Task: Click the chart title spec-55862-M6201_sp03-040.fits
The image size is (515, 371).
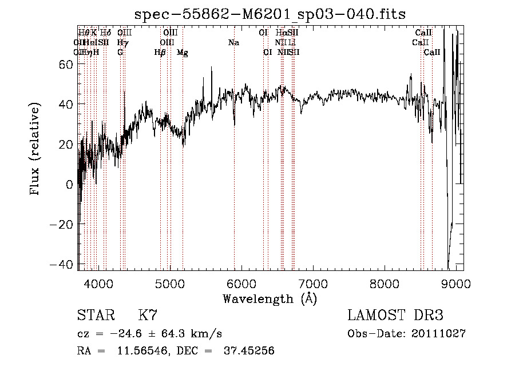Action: click(x=269, y=14)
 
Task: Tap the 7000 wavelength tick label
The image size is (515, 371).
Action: click(x=313, y=284)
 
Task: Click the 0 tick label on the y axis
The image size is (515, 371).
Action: click(x=69, y=185)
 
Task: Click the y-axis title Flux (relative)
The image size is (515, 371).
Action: click(x=35, y=150)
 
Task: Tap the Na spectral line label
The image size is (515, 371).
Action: click(x=233, y=43)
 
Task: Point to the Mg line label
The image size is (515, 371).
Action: click(x=183, y=53)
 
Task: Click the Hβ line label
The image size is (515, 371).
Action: click(x=160, y=53)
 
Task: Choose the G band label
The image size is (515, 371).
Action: click(x=120, y=53)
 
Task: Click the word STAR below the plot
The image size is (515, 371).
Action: click(x=95, y=316)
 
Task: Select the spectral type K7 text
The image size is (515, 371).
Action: click(x=148, y=316)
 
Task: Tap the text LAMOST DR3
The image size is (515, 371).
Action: click(x=395, y=316)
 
